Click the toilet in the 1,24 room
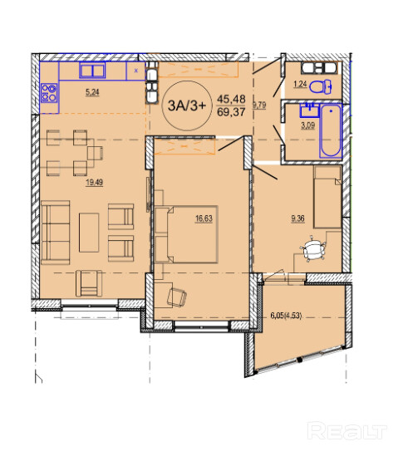[321, 86]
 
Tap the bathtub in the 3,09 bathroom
[331, 131]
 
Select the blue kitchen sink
[92, 71]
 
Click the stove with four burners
[49, 92]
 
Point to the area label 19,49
[94, 183]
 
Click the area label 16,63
[204, 218]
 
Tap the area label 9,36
[297, 218]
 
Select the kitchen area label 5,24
[92, 92]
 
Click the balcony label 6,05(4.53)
[286, 316]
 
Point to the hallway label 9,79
[259, 105]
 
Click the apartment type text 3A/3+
[186, 105]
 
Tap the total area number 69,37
[231, 112]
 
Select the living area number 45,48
[231, 99]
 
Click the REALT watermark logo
[347, 431]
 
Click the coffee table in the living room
[89, 233]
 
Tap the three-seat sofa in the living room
[56, 233]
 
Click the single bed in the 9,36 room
[327, 197]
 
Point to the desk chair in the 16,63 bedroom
[176, 297]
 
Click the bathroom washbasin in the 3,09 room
[309, 110]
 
